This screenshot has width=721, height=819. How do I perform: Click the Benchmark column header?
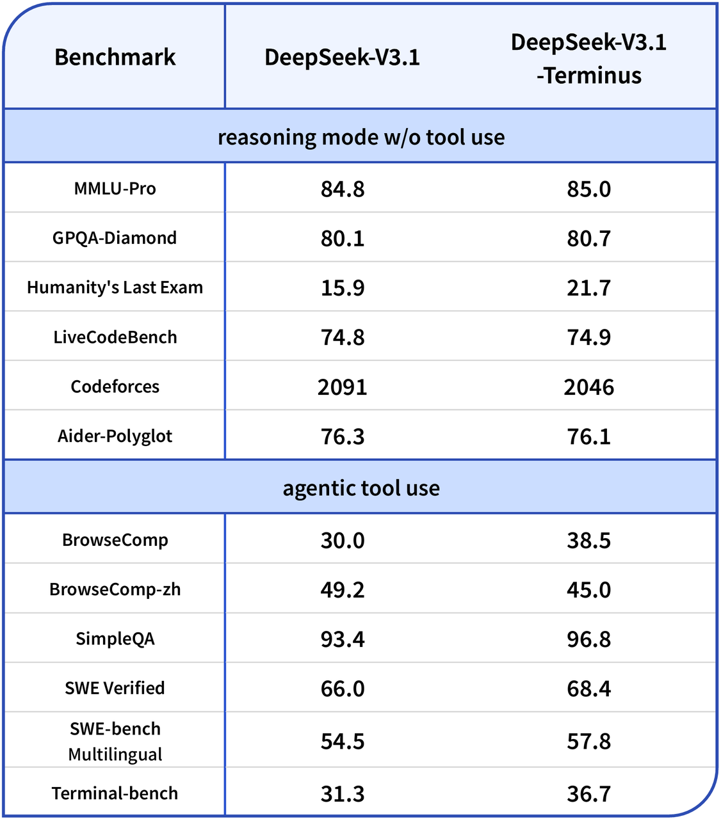click(115, 57)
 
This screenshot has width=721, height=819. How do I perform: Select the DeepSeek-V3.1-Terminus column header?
click(588, 58)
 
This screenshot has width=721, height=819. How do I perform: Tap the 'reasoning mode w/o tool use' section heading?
click(361, 137)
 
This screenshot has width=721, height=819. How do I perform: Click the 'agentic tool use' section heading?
click(361, 488)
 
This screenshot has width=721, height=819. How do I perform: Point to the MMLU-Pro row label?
click(115, 189)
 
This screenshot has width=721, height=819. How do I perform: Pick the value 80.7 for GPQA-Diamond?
click(588, 239)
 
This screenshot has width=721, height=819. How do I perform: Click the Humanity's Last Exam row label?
click(115, 288)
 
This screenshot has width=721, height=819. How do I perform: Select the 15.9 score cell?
click(343, 288)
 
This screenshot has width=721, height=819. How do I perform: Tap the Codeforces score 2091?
click(343, 387)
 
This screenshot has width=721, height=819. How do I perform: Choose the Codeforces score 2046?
click(588, 387)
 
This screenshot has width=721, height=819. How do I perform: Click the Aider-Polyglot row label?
click(115, 436)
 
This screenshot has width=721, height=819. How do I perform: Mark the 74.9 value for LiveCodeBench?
click(588, 337)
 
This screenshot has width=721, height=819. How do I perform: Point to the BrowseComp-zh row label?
click(115, 589)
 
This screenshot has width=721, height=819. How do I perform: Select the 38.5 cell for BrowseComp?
click(588, 541)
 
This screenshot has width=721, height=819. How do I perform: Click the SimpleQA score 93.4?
click(343, 639)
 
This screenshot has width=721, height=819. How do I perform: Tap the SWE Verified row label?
click(115, 688)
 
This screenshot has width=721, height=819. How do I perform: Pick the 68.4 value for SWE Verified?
click(588, 688)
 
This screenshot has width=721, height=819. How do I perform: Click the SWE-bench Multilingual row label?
click(115, 742)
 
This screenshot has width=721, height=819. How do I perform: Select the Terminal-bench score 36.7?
click(588, 794)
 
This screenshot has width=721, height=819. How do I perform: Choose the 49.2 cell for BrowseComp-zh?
click(343, 589)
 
